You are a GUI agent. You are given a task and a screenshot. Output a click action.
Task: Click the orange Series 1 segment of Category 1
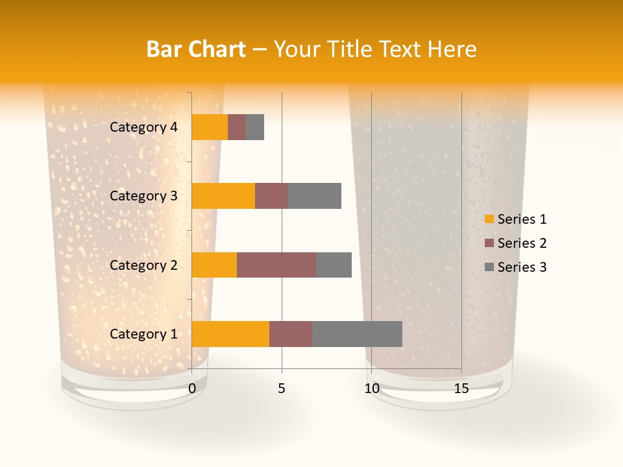click(x=230, y=334)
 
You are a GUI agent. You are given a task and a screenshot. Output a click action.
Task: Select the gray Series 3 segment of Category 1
click(x=357, y=334)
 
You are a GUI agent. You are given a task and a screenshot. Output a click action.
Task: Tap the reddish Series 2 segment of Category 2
click(x=276, y=265)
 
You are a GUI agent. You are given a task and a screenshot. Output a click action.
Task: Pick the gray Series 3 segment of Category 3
click(x=314, y=196)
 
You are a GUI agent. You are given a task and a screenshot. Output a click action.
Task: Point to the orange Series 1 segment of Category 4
click(x=210, y=127)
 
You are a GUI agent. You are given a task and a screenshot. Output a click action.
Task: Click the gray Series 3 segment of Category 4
click(x=255, y=127)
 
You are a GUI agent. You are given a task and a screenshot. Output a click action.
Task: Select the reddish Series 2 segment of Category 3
click(x=271, y=196)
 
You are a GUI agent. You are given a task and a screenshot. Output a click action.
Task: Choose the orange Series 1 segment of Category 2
click(x=214, y=265)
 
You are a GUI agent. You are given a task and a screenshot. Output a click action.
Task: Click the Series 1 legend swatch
click(x=489, y=219)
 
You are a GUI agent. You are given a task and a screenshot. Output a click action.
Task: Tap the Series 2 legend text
click(x=522, y=243)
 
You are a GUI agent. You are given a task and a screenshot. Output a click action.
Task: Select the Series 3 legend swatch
click(x=489, y=267)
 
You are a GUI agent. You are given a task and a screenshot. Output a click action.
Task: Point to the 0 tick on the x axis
click(x=192, y=389)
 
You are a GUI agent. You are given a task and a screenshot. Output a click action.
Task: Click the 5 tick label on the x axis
click(x=282, y=389)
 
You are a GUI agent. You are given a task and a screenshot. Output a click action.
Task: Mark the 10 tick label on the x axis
click(x=371, y=389)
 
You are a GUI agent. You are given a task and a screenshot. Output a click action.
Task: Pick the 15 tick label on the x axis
click(x=461, y=389)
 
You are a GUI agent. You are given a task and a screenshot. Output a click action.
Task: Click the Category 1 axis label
click(x=143, y=334)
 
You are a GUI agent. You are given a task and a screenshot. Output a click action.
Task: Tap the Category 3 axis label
click(x=143, y=196)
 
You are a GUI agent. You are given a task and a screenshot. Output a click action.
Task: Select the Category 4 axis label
click(x=143, y=127)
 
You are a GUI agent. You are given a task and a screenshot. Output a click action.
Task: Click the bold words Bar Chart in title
click(x=196, y=49)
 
